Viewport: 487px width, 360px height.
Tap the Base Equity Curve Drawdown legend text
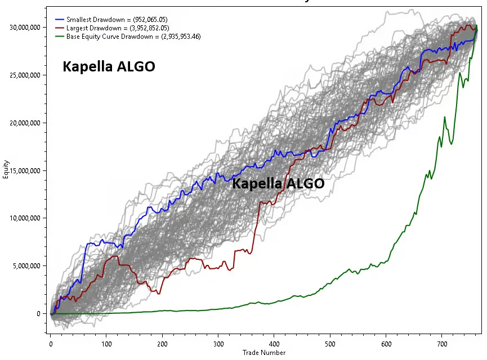pyautogui.click(x=133, y=37)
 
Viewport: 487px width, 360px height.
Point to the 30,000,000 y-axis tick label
pyautogui.click(x=25, y=28)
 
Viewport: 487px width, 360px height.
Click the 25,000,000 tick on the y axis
pyautogui.click(x=25, y=75)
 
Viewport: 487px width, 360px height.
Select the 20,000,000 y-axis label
pyautogui.click(x=25, y=123)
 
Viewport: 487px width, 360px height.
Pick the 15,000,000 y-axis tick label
pyautogui.click(x=25, y=170)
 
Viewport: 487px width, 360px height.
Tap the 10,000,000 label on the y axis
pyautogui.click(x=25, y=218)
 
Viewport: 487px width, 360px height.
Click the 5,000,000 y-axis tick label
pyautogui.click(x=26, y=266)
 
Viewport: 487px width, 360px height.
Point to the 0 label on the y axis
pyautogui.click(x=38, y=314)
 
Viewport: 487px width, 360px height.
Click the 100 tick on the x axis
pyautogui.click(x=106, y=344)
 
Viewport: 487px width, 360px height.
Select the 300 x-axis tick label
pyautogui.click(x=218, y=344)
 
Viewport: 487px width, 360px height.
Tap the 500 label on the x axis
pyautogui.click(x=330, y=344)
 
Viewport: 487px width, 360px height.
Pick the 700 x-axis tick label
pyautogui.click(x=442, y=344)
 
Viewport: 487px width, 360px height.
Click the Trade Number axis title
pyautogui.click(x=264, y=353)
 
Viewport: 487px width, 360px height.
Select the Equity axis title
pyautogui.click(x=6, y=169)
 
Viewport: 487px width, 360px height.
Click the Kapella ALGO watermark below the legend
pyautogui.click(x=109, y=66)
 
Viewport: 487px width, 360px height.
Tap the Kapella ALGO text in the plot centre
pyautogui.click(x=278, y=183)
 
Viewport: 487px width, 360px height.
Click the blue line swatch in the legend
pyautogui.click(x=59, y=20)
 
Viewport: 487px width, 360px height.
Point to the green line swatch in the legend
pyautogui.click(x=59, y=37)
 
